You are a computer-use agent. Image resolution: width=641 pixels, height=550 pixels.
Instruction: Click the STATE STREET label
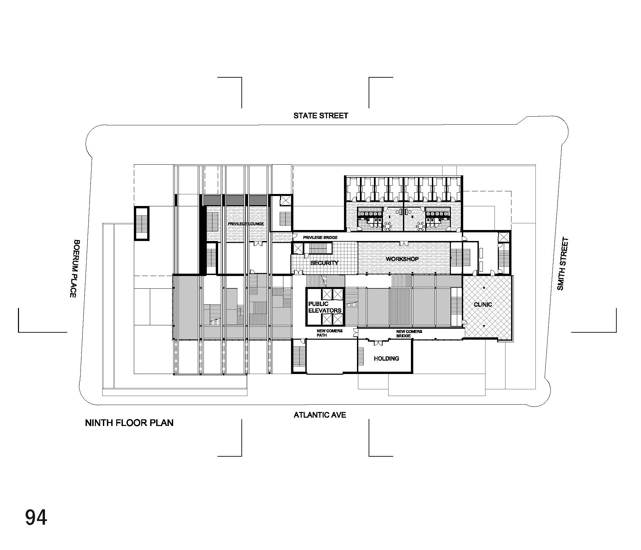[x=321, y=116]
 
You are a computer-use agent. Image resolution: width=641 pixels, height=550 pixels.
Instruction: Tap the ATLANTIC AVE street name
[x=320, y=415]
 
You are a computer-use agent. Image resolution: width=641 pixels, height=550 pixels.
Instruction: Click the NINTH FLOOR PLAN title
[x=129, y=423]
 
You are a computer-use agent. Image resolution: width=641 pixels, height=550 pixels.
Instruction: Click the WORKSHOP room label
[x=402, y=259]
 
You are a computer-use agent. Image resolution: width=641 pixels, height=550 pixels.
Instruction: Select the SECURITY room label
[x=324, y=263]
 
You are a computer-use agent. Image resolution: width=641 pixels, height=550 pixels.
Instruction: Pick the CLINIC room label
[x=482, y=305]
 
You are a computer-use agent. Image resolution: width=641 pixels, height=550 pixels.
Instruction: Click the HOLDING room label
[x=386, y=359]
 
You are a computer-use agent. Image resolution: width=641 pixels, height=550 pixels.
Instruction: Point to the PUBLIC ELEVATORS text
[x=325, y=307]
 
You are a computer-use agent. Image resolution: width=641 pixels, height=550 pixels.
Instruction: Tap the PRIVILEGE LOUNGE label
[x=246, y=224]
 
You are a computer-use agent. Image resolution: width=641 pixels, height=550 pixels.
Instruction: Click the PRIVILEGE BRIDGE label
[x=320, y=238]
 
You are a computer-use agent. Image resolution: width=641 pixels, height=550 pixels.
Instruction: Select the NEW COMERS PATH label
[x=329, y=333]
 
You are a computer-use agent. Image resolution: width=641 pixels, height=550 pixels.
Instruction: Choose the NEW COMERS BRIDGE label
[x=409, y=333]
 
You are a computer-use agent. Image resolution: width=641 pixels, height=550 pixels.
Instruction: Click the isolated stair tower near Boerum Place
[x=142, y=223]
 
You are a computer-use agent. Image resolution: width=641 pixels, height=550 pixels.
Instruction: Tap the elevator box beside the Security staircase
[x=297, y=249]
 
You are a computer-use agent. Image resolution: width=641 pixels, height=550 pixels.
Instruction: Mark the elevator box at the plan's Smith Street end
[x=503, y=237]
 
